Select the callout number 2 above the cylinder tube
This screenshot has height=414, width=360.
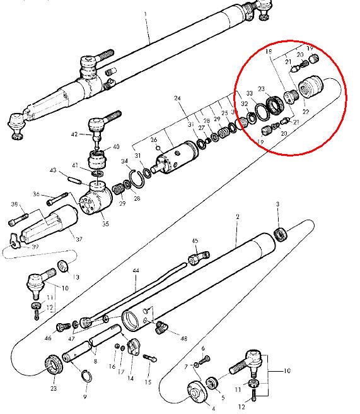tap(236, 216)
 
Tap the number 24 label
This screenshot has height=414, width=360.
tap(178, 98)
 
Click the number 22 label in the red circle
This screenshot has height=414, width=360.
tap(307, 111)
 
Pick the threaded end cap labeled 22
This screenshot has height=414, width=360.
tap(309, 86)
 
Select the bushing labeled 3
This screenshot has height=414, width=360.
tap(282, 235)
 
